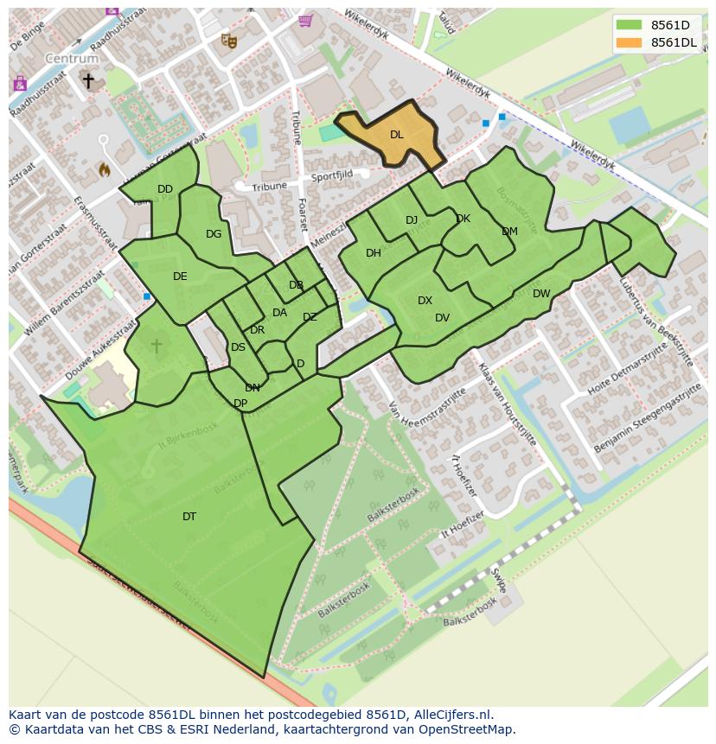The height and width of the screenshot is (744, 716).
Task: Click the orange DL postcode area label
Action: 396,135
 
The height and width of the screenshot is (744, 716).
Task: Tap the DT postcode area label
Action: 189,517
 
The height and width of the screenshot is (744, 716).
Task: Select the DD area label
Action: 165,189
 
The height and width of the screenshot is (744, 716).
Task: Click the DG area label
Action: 214,234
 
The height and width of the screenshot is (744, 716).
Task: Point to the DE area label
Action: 180,277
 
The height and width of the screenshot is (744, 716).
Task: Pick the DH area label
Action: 374,253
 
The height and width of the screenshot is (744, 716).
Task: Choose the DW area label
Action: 541,294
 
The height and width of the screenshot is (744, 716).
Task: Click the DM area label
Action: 509,232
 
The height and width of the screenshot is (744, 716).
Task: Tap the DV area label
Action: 442,318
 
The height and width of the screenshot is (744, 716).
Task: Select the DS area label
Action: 238,347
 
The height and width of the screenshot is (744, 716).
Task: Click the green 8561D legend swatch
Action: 630,25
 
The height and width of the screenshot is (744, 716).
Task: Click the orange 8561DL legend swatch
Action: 630,42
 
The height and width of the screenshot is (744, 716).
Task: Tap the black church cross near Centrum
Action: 87,80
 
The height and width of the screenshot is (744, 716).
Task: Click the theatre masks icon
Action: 228,40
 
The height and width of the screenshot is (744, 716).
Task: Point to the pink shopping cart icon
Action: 304,21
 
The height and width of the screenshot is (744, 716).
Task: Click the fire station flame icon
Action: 105,169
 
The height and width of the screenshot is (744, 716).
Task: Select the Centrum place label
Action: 72,59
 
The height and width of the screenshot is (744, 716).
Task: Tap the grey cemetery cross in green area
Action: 157,346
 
